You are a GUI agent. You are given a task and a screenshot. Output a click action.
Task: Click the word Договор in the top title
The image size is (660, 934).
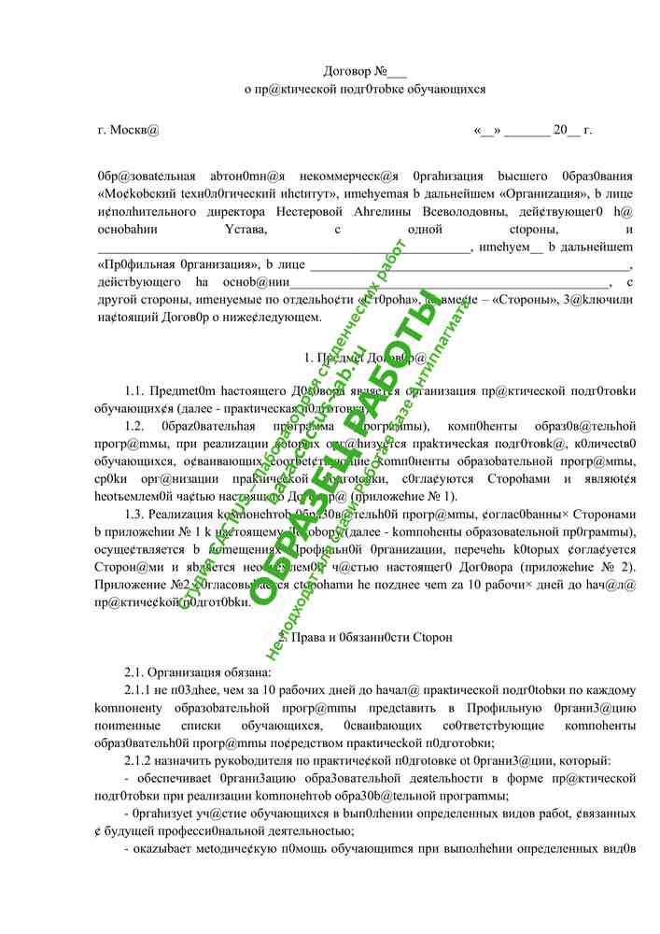tap(346, 70)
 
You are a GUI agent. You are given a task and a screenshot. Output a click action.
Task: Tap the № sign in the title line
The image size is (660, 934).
tap(384, 70)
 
